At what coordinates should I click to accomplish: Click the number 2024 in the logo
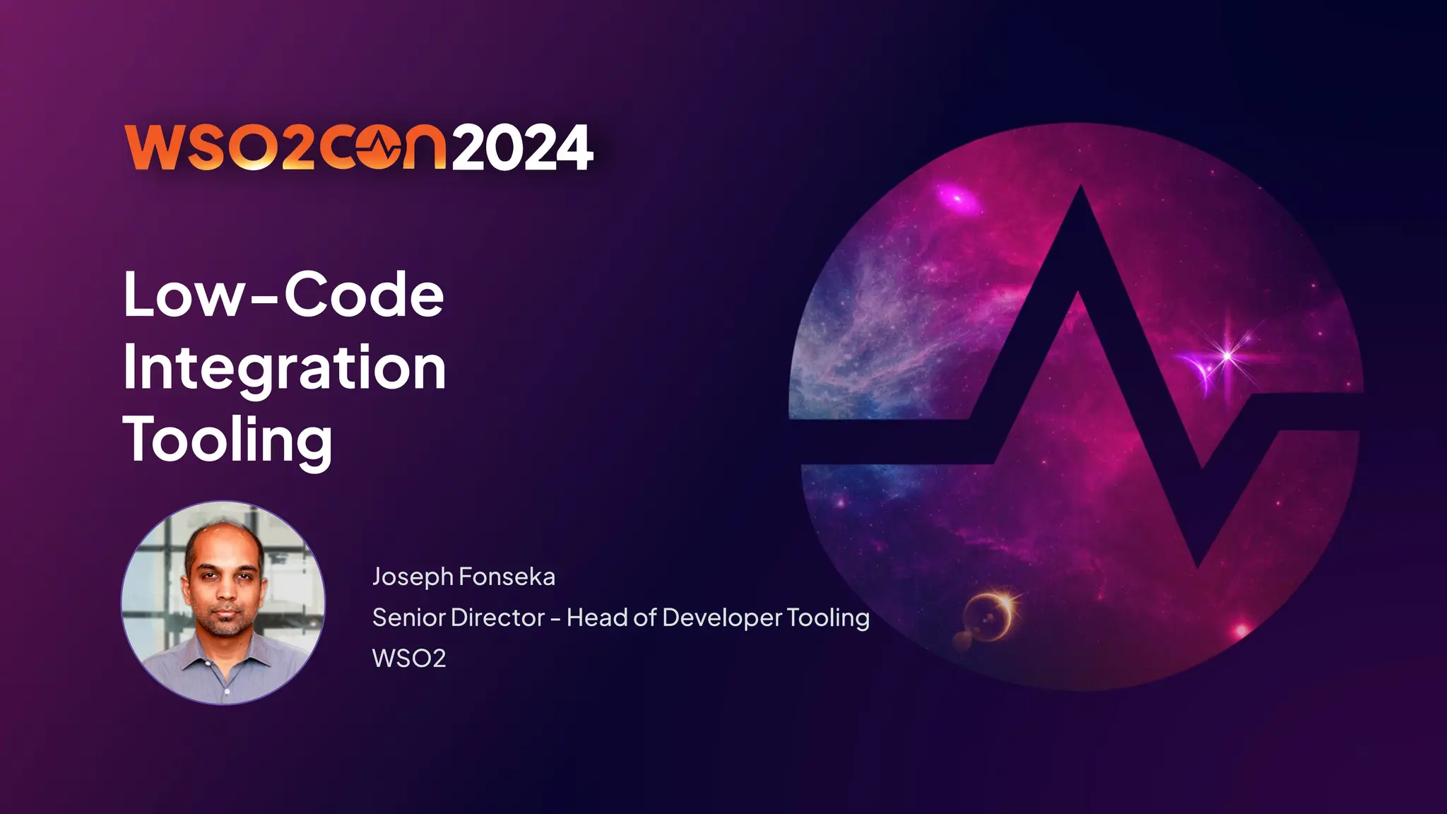point(522,148)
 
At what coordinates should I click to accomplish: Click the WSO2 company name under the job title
point(409,659)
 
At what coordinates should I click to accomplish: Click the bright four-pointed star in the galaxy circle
point(1228,355)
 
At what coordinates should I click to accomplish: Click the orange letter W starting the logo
point(151,148)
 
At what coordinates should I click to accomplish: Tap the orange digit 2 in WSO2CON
point(298,148)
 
